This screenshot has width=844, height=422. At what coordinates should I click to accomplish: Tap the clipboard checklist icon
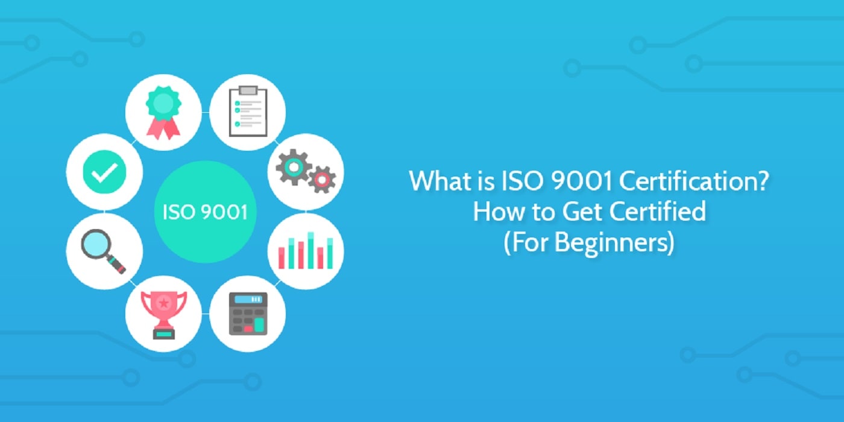[x=247, y=112]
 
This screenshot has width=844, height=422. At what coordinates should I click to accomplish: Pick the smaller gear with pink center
[x=322, y=179]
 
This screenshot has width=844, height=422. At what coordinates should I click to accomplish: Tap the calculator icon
[x=247, y=313]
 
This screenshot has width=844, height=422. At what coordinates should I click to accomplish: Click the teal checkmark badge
[x=104, y=172]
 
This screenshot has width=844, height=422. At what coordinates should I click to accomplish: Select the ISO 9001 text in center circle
[x=205, y=213]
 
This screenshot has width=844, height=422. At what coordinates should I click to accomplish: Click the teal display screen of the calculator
[x=248, y=298]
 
